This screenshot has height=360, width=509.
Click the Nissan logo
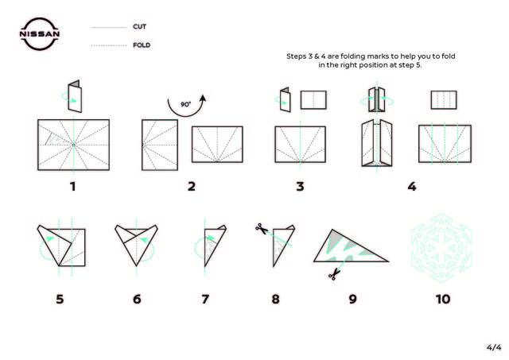click(40, 34)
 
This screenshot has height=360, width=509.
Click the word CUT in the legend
click(140, 26)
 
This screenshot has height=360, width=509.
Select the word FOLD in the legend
click(142, 45)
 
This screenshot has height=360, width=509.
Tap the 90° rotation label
click(185, 104)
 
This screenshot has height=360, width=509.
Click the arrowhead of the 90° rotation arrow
click(203, 99)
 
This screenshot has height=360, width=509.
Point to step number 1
click(72, 187)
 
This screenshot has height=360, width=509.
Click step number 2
click(192, 187)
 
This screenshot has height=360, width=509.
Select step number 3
click(301, 187)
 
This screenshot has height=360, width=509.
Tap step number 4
click(412, 187)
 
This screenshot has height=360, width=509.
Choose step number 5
click(60, 299)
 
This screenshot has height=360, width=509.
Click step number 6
click(137, 299)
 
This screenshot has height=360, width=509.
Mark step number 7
click(205, 299)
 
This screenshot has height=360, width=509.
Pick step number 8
click(276, 299)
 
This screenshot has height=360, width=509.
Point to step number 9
click(353, 299)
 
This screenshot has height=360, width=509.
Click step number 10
click(443, 299)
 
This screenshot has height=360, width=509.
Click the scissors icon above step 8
click(262, 229)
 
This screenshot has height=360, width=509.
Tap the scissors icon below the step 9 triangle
click(334, 275)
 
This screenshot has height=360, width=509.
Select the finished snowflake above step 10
click(441, 248)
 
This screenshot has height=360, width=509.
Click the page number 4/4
click(494, 347)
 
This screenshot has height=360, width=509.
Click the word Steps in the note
click(295, 56)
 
